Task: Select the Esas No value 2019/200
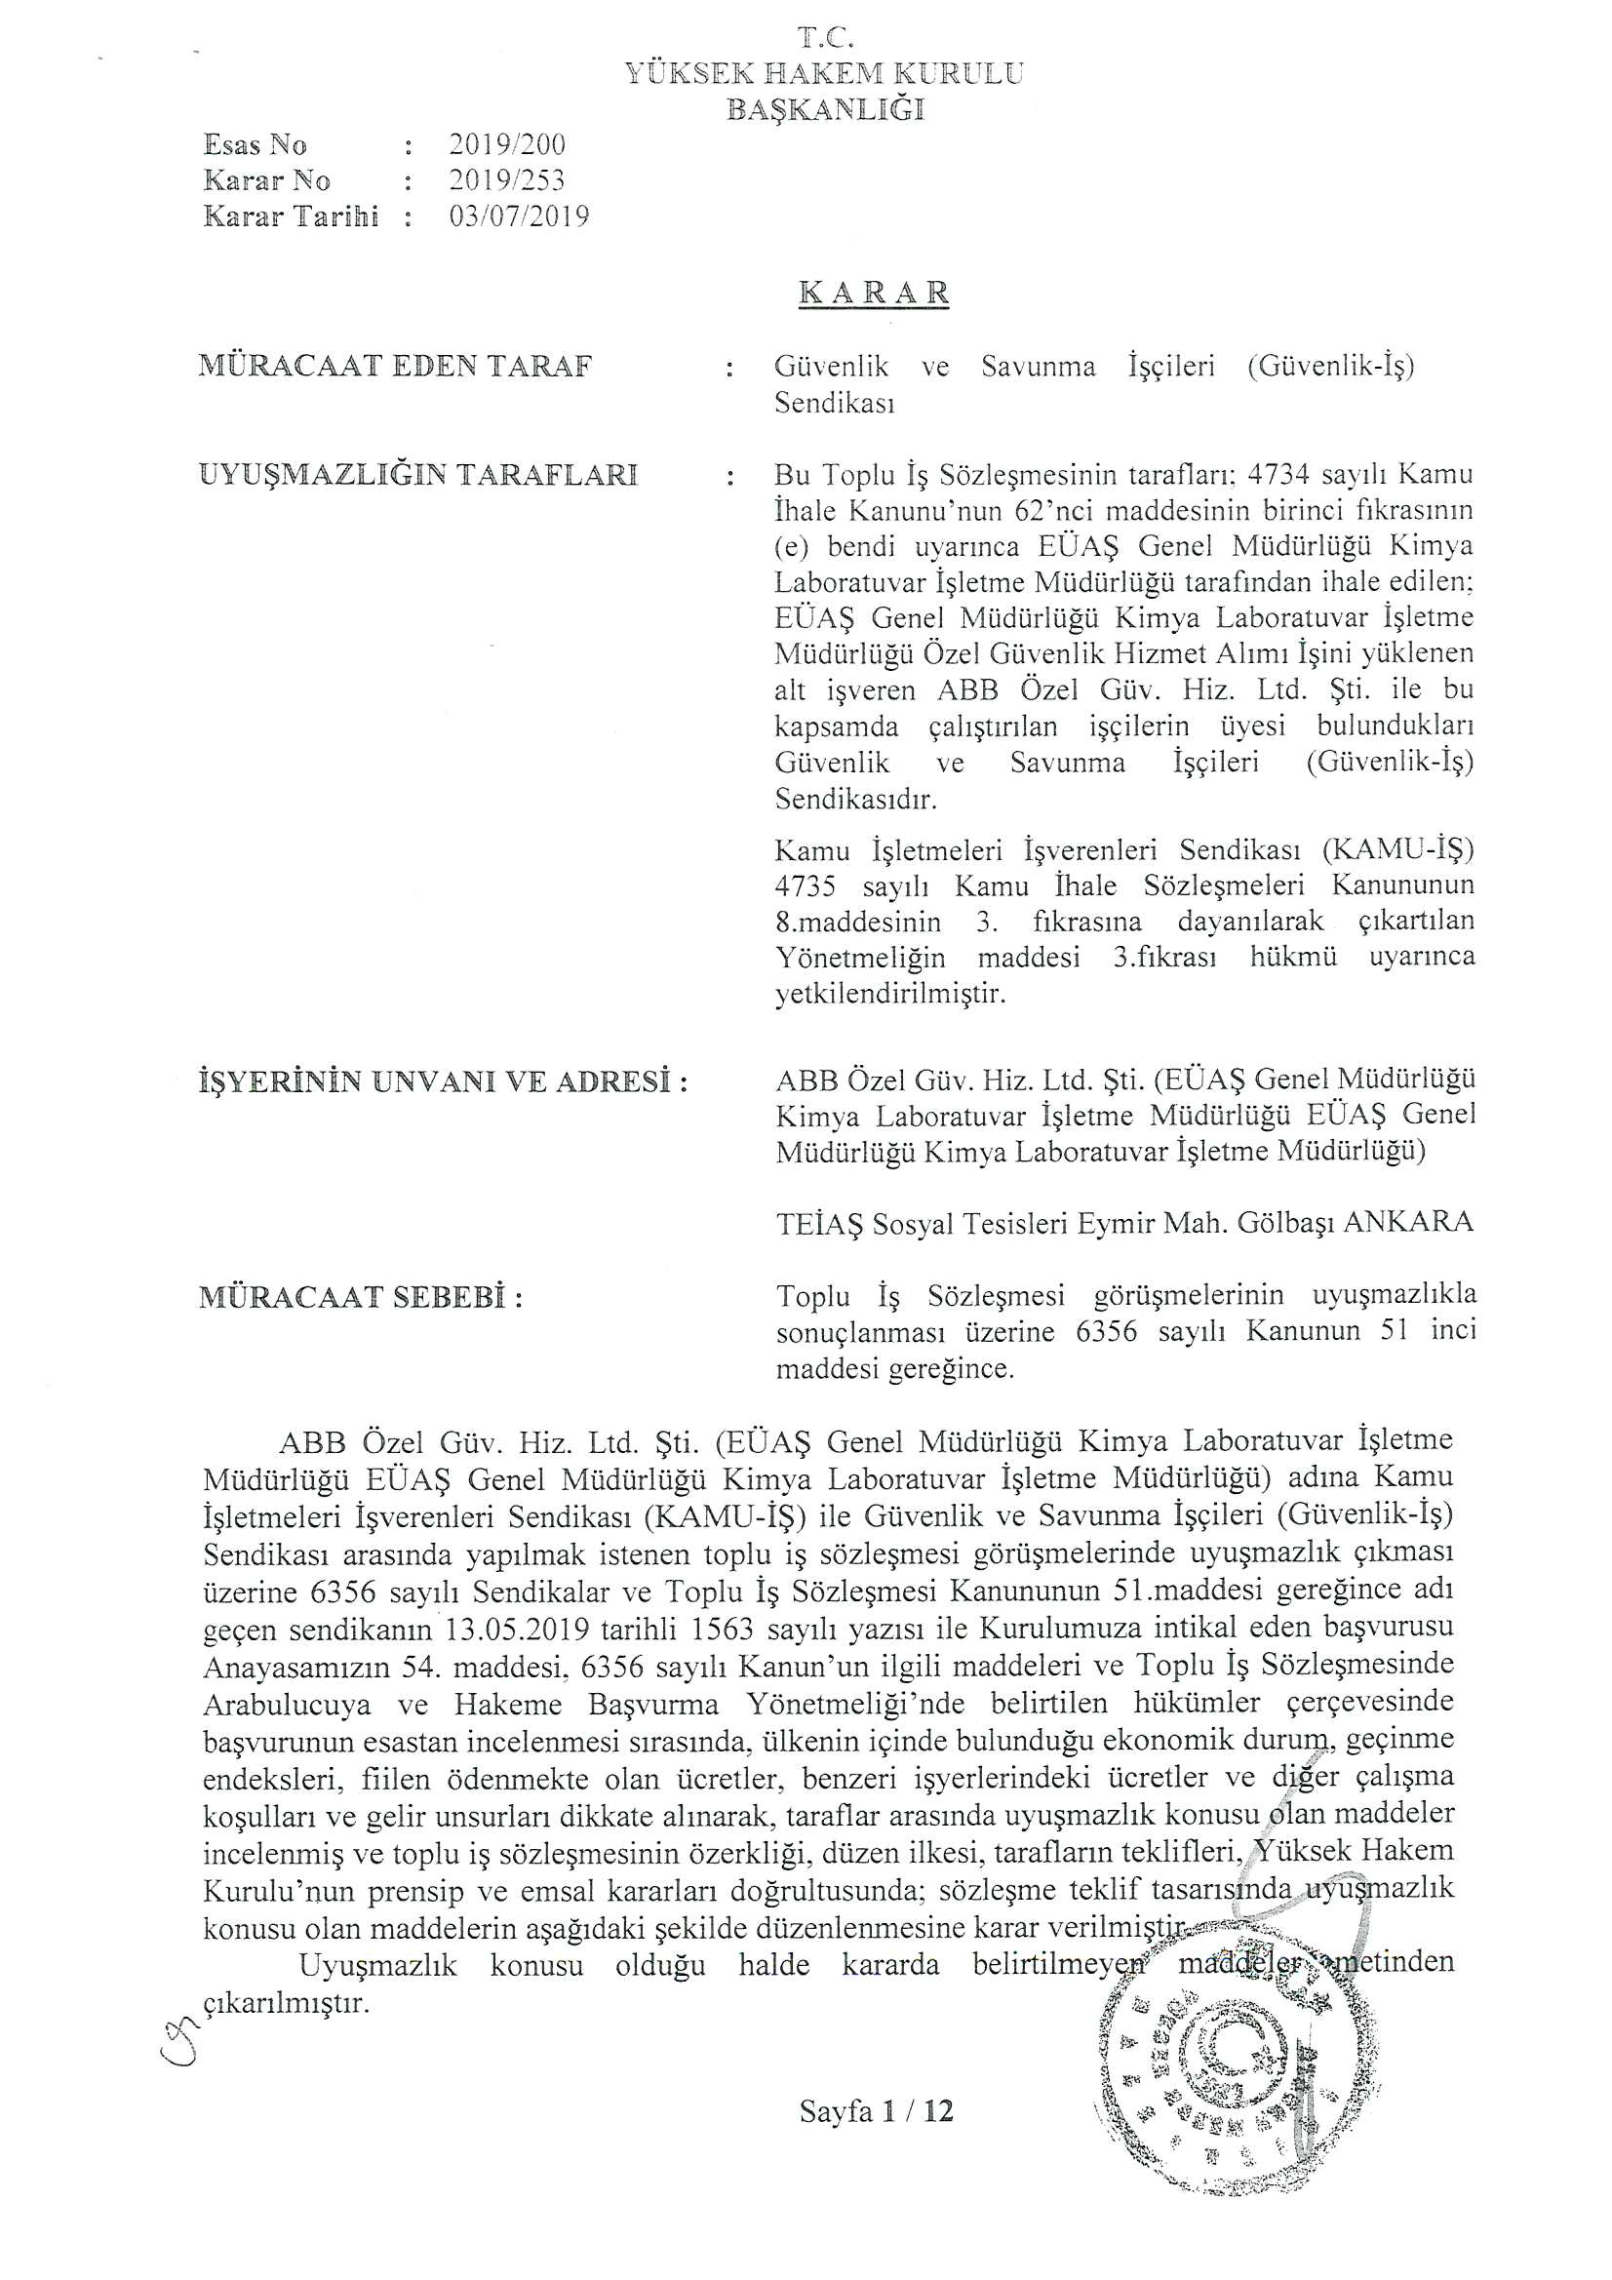point(506,145)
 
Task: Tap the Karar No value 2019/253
point(506,180)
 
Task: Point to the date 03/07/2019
point(519,216)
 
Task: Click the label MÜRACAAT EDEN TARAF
point(395,367)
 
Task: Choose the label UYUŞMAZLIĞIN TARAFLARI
point(417,475)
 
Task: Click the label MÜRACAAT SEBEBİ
point(361,1297)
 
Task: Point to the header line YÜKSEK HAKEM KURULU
point(823,73)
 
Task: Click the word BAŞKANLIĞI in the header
point(825,109)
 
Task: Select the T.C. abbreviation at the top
point(825,38)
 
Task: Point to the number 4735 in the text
point(805,884)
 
